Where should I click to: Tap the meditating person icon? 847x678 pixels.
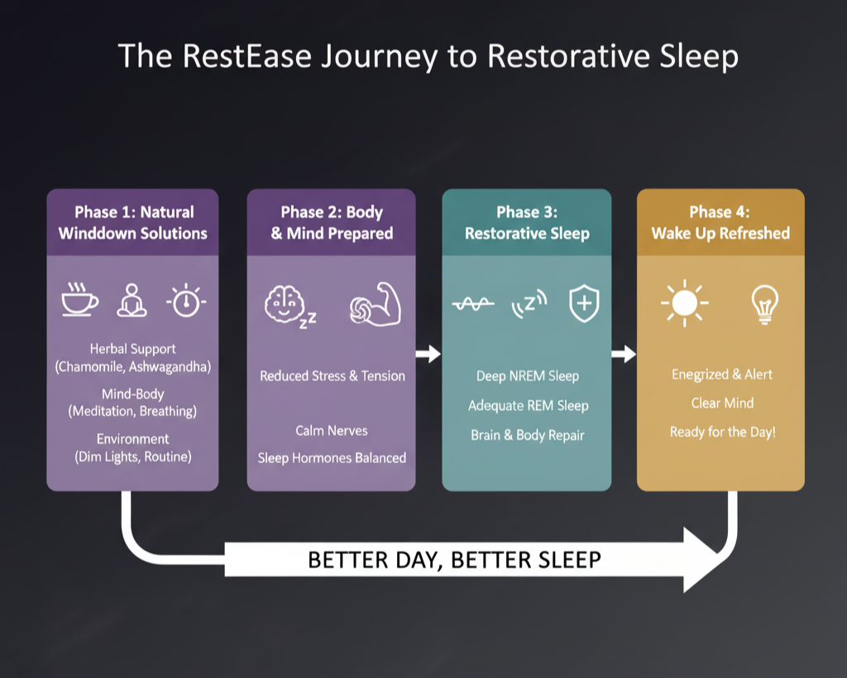(x=132, y=300)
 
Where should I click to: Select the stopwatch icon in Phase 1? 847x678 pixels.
(x=186, y=300)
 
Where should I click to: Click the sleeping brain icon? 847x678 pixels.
(x=289, y=306)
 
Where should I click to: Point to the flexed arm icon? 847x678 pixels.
(x=376, y=304)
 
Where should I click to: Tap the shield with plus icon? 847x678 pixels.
(x=585, y=303)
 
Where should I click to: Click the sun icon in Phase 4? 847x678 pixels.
(x=684, y=303)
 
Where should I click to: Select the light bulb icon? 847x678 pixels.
(x=764, y=304)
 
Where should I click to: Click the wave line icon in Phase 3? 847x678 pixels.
(x=473, y=304)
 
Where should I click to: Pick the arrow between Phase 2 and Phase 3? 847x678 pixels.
(x=428, y=354)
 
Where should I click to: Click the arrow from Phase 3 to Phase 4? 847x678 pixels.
(x=624, y=354)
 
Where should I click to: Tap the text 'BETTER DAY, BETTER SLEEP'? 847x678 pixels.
(x=454, y=560)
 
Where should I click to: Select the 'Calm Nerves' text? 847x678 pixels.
(x=331, y=431)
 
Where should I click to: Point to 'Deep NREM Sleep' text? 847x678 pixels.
(x=527, y=376)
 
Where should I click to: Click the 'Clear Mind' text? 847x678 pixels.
(x=722, y=403)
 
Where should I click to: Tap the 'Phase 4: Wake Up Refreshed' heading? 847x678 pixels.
(x=720, y=222)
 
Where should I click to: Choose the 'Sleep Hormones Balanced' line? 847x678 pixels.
(x=332, y=458)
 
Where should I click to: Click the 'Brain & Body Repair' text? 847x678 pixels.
(x=527, y=436)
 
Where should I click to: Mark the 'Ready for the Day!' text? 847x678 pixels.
(x=723, y=432)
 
